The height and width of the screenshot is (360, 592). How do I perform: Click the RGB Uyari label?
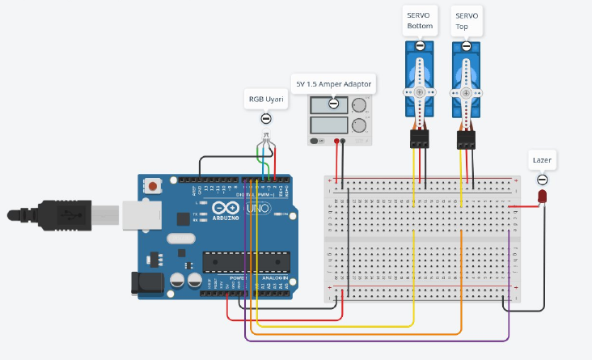(266, 100)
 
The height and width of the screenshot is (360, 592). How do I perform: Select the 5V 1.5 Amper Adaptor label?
(333, 83)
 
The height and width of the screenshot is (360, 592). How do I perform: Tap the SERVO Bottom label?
(420, 20)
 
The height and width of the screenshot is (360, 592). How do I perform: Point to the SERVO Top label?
(467, 20)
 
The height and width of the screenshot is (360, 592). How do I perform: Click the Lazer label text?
(542, 160)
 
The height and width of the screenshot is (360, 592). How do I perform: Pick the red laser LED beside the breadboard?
(542, 197)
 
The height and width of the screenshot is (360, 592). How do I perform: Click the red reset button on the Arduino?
(152, 187)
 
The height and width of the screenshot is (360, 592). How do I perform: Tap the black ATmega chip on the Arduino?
(246, 262)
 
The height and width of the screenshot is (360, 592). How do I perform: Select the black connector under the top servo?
(466, 140)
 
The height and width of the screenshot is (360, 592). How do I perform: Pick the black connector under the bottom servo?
(419, 140)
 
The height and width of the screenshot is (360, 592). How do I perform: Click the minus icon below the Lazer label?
(542, 180)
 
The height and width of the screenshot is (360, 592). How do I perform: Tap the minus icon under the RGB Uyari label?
(266, 119)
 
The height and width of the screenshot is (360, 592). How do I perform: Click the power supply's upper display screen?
(328, 104)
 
